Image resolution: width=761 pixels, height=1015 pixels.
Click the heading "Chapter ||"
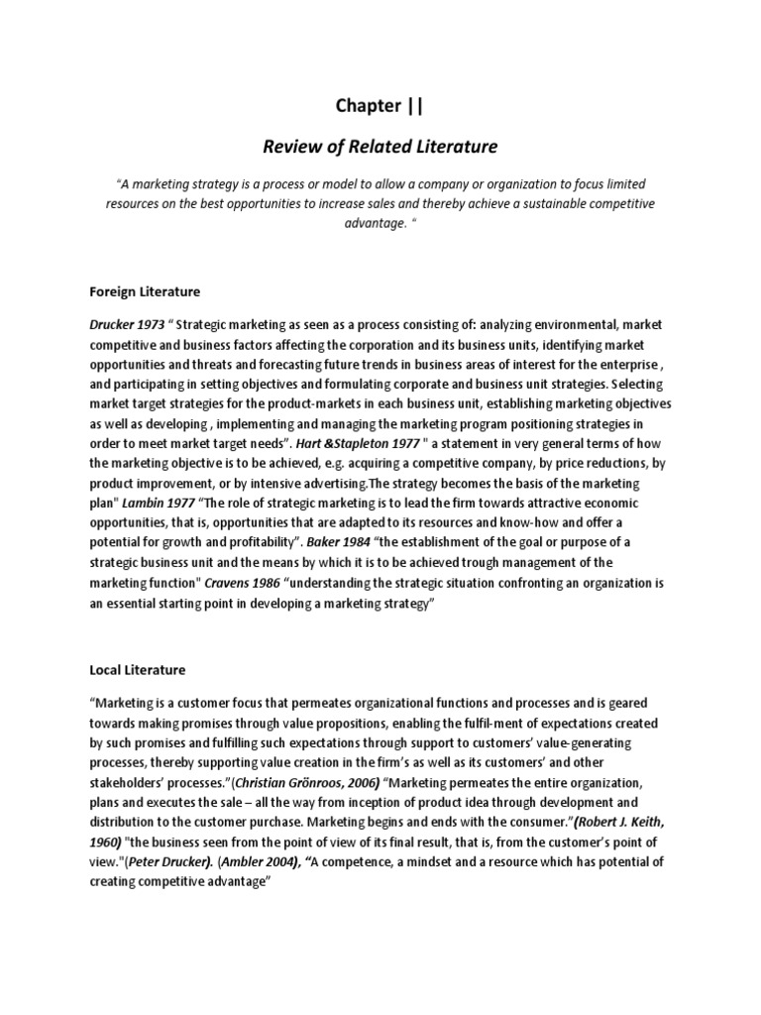(x=380, y=106)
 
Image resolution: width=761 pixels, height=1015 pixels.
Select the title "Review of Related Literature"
(x=380, y=147)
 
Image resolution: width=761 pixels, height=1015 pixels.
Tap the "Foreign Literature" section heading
(x=145, y=292)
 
